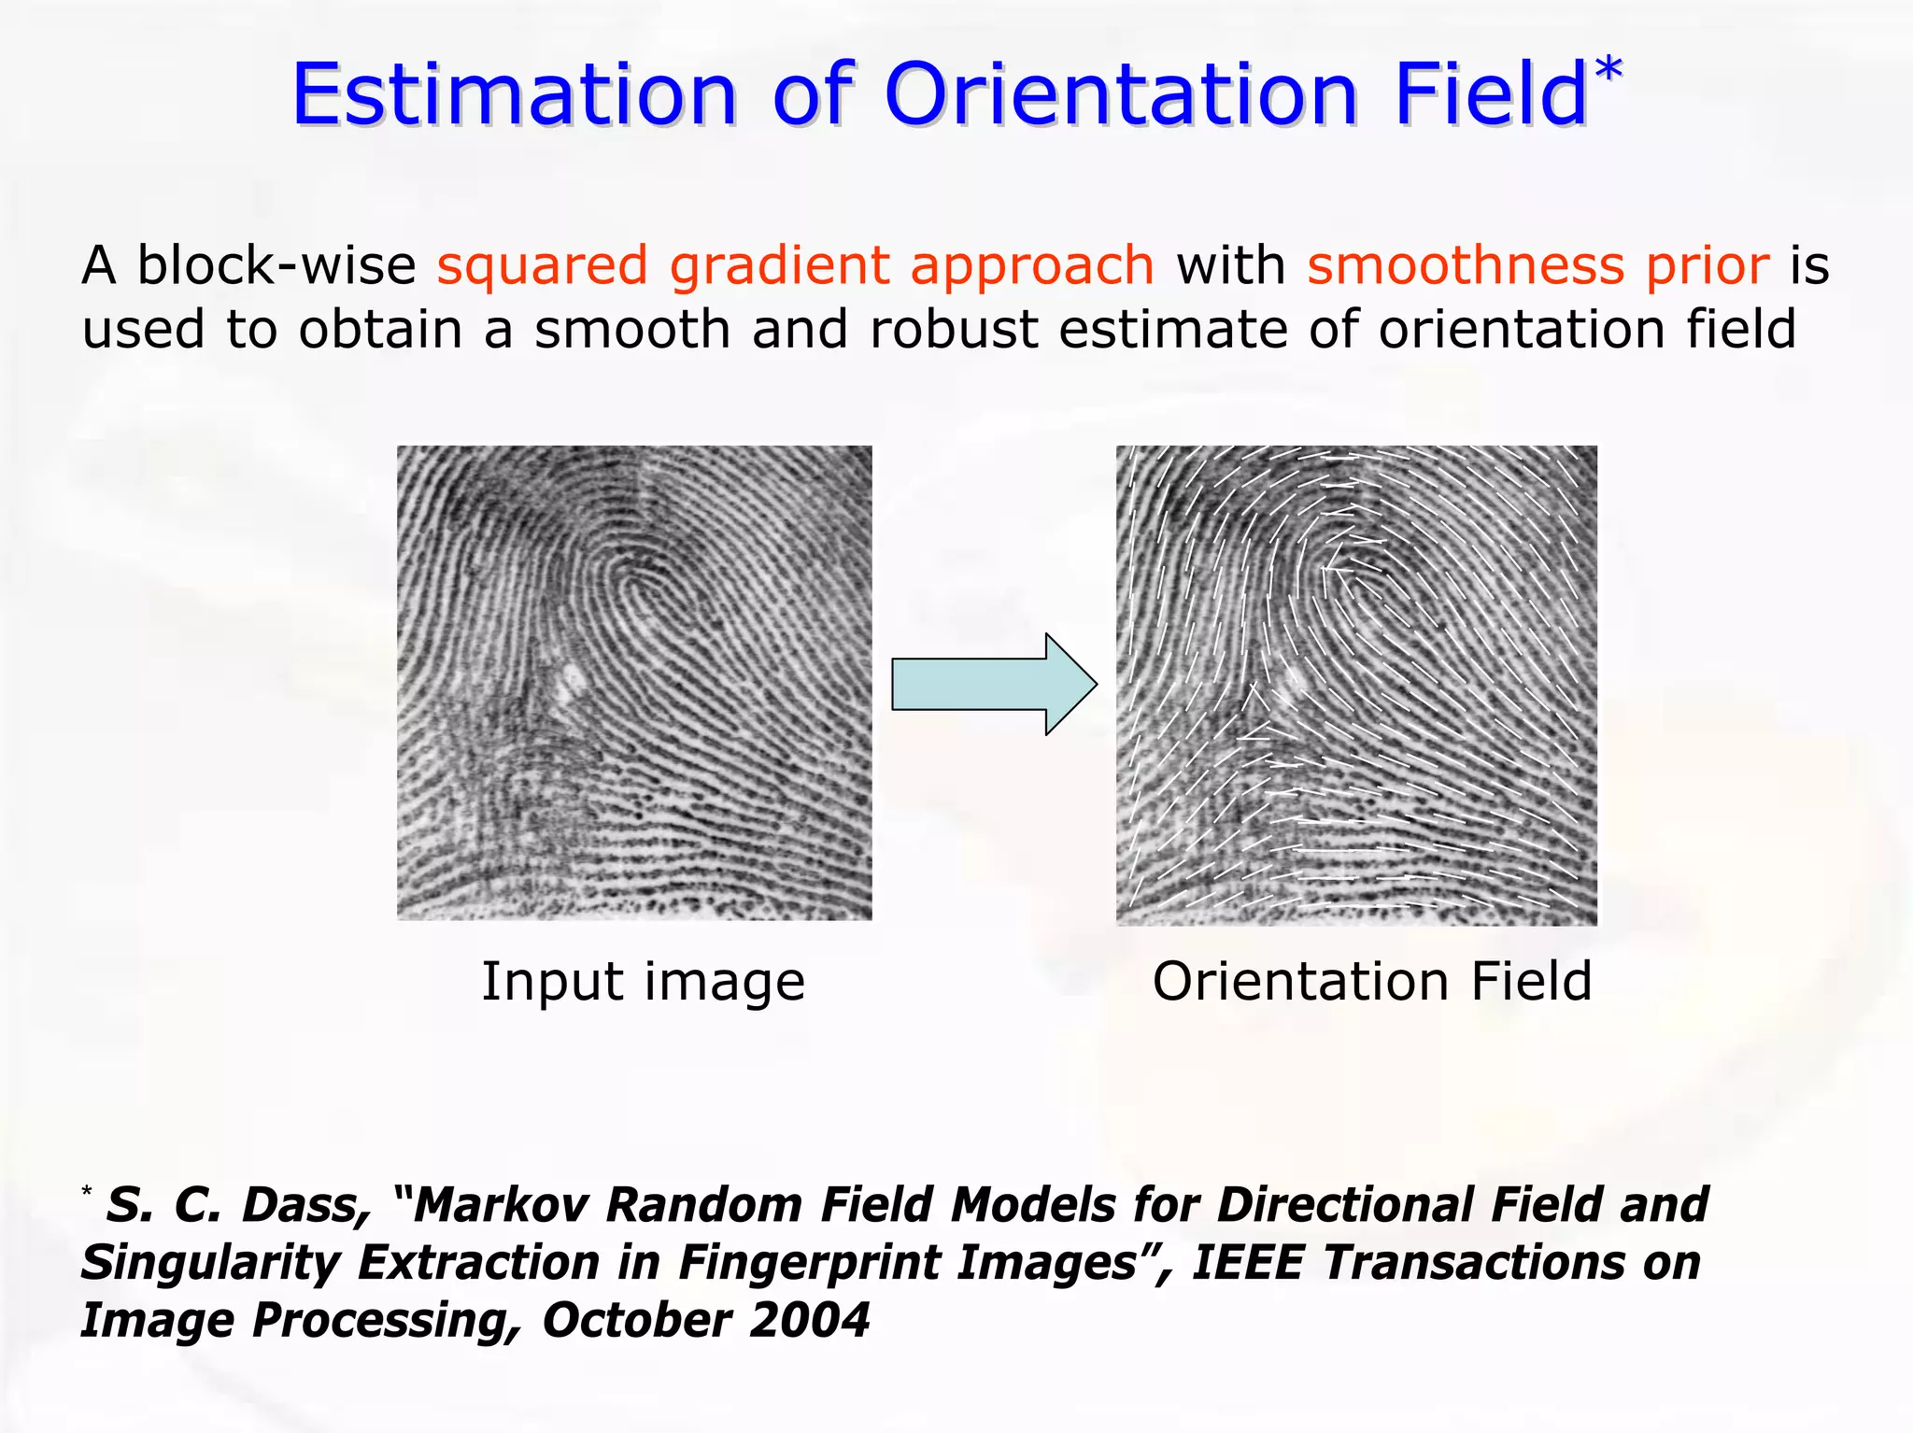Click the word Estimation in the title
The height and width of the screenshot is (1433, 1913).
tap(515, 95)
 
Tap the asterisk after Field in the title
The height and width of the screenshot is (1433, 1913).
tap(1608, 71)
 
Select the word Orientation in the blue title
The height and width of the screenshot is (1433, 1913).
tap(1121, 95)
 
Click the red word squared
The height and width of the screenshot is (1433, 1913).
tap(542, 267)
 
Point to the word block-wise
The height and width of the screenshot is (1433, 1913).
tap(276, 265)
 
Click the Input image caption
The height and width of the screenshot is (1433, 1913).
tap(643, 982)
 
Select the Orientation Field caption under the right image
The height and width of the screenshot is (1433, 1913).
tap(1371, 982)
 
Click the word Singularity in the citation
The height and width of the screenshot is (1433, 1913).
tap(210, 1263)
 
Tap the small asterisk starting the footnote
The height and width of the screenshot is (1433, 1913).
tap(87, 1191)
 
